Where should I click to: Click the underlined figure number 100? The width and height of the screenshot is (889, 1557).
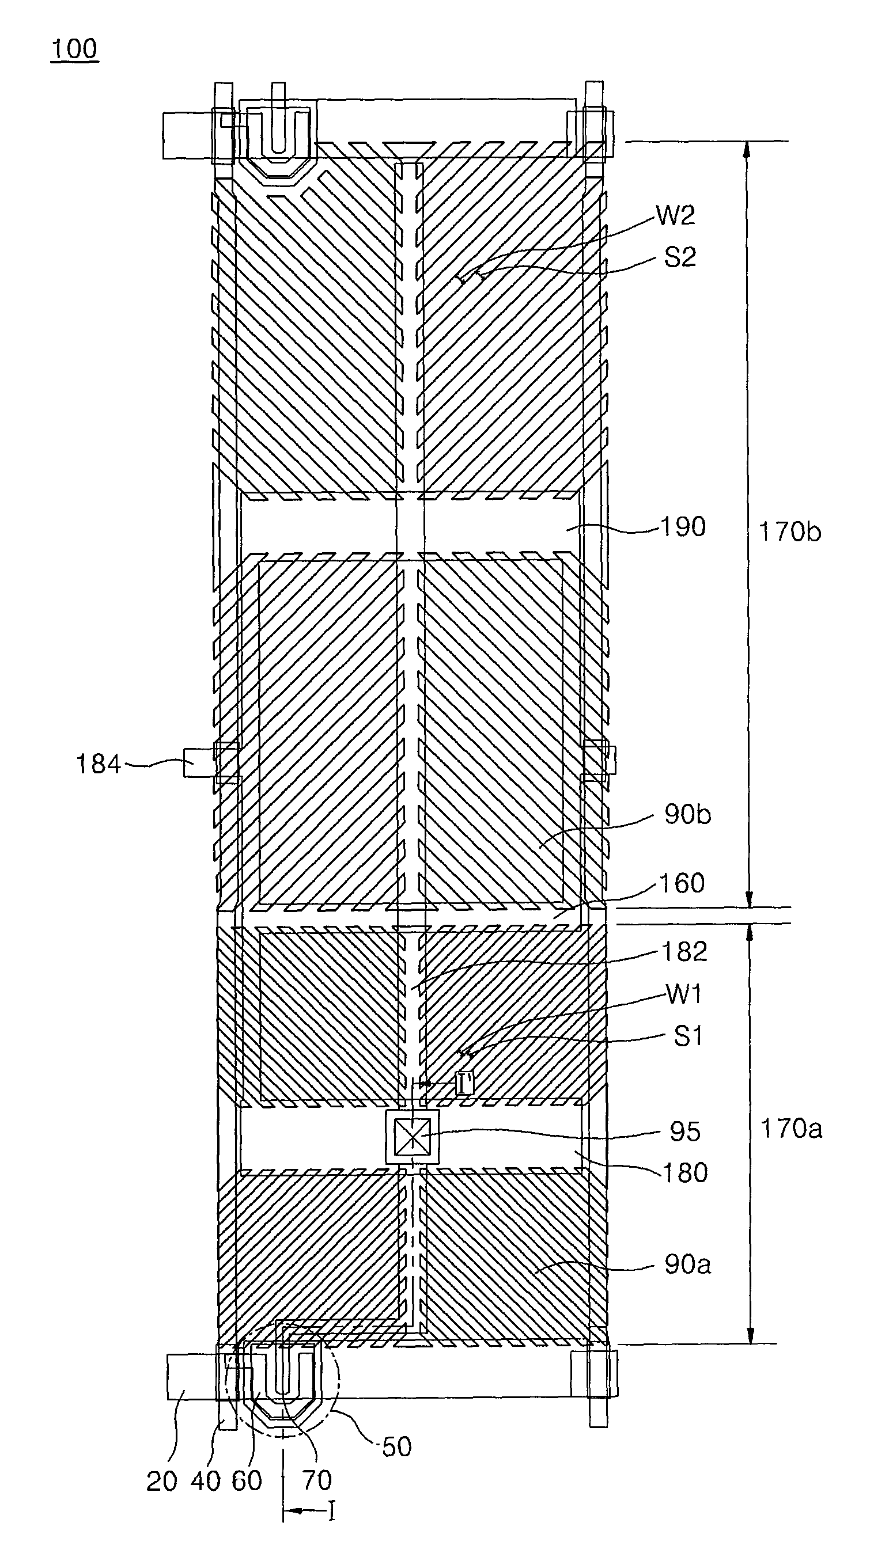(x=74, y=50)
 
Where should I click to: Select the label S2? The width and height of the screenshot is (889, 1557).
(x=680, y=258)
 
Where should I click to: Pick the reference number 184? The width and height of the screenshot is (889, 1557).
(x=98, y=765)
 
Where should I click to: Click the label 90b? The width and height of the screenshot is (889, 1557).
(x=687, y=815)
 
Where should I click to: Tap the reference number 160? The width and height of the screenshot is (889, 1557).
(x=682, y=883)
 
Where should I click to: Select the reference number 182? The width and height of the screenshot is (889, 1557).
(x=684, y=952)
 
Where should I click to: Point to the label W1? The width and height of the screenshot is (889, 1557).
(x=684, y=994)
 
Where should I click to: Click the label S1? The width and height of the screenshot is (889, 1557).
(x=688, y=1036)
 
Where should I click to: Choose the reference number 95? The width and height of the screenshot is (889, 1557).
(x=684, y=1131)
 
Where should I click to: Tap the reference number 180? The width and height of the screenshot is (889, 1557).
(x=685, y=1172)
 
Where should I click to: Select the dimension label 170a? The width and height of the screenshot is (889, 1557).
(x=790, y=1129)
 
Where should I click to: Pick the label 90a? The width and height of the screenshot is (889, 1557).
(x=687, y=1264)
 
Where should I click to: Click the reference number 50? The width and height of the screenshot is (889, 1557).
(x=396, y=1446)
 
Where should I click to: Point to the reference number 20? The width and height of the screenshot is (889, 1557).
(x=161, y=1481)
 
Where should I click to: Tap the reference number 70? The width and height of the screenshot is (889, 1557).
(x=316, y=1479)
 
